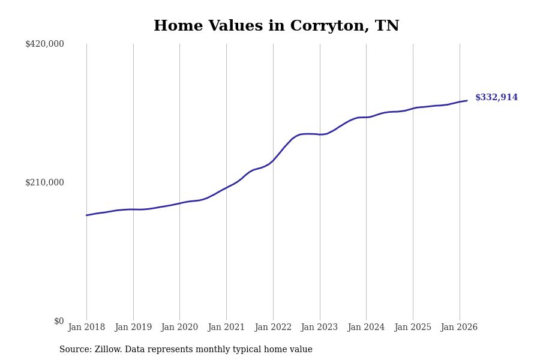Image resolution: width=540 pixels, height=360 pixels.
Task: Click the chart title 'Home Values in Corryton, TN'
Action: coord(276,26)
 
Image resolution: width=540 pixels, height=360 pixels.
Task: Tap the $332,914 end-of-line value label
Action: coord(496,98)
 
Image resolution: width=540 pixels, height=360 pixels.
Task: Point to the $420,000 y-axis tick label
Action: coord(44,44)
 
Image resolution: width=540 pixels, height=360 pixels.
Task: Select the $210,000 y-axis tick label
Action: coord(44,182)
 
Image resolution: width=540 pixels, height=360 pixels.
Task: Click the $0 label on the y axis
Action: coord(58,321)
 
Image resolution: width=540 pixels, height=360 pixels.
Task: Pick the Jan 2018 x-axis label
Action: coord(86,328)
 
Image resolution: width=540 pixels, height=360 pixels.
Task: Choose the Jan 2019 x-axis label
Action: coord(133,328)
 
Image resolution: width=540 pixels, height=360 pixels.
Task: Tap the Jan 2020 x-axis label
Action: coord(179,328)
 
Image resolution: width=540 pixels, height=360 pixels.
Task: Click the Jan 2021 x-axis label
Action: coord(226,328)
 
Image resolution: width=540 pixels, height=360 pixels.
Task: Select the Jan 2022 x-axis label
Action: coord(273,328)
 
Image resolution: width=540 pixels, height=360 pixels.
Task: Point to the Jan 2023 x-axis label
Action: coord(319,328)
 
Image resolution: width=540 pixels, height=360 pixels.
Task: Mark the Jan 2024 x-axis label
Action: coord(366,328)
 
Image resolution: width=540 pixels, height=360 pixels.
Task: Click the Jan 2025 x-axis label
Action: coord(413,328)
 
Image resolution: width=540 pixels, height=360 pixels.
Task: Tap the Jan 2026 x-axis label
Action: coord(459,328)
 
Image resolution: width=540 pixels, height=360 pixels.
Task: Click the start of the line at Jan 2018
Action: coord(86,215)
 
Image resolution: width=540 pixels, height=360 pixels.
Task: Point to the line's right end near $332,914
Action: coord(467,101)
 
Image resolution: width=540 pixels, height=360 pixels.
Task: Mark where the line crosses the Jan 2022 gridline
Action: coord(273,160)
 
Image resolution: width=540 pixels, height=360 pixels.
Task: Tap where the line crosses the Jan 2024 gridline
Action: coord(366,117)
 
